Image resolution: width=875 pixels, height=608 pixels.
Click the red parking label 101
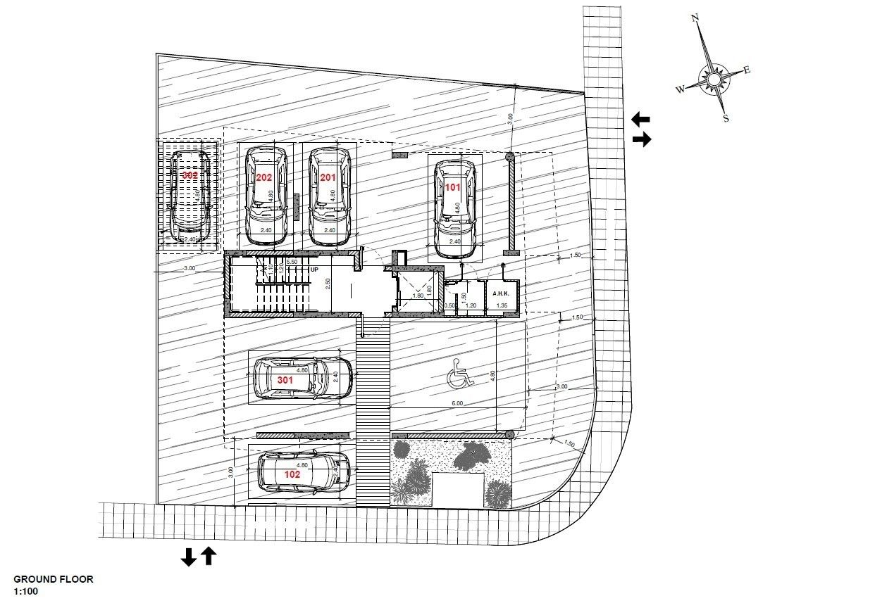pyautogui.click(x=452, y=187)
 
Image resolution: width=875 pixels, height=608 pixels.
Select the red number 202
pyautogui.click(x=264, y=177)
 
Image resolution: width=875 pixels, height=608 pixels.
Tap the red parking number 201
pyautogui.click(x=328, y=177)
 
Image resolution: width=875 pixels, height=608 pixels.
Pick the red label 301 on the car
pyautogui.click(x=285, y=380)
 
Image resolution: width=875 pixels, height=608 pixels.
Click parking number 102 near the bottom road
pyautogui.click(x=292, y=474)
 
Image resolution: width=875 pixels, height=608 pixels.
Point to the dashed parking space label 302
pyautogui.click(x=190, y=175)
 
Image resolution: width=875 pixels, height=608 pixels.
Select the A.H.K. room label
pyautogui.click(x=501, y=293)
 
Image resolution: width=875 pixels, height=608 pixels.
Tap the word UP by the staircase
pyautogui.click(x=314, y=270)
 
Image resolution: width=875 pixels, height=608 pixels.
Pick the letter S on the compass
pyautogui.click(x=726, y=118)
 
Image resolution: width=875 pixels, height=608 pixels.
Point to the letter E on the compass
pyautogui.click(x=747, y=69)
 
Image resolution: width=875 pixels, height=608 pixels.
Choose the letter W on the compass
pyautogui.click(x=680, y=89)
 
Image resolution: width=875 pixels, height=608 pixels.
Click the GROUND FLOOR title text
pyautogui.click(x=54, y=580)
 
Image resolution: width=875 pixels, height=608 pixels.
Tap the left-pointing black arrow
pyautogui.click(x=640, y=118)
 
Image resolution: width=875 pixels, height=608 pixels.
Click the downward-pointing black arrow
pyautogui.click(x=188, y=557)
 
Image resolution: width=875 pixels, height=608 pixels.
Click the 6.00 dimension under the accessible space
pyautogui.click(x=457, y=403)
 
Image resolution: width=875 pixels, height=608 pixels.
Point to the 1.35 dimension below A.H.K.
pyautogui.click(x=502, y=305)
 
